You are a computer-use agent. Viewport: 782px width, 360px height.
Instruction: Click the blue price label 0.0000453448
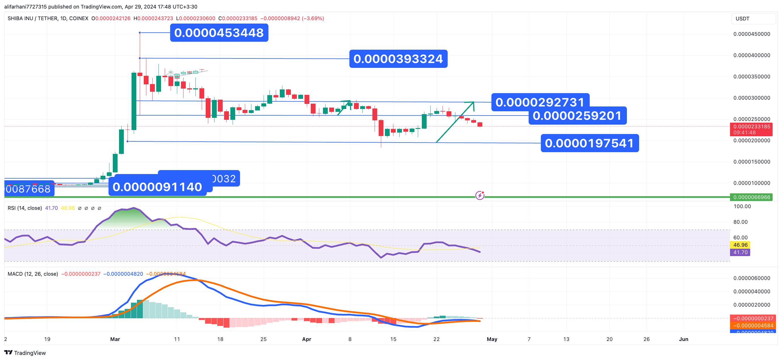tap(219, 33)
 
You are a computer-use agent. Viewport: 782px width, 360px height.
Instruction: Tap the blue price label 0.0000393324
tap(398, 59)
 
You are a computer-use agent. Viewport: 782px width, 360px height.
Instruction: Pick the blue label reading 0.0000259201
tap(577, 116)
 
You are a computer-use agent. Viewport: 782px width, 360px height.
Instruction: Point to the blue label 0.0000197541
tap(589, 143)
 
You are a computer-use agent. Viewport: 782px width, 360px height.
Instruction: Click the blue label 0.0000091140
tap(157, 187)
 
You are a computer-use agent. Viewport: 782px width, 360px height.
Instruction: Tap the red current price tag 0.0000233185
tap(751, 127)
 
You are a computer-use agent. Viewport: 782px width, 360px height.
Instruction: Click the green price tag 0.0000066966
tap(751, 197)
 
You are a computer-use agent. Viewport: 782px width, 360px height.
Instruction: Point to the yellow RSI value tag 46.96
tap(740, 245)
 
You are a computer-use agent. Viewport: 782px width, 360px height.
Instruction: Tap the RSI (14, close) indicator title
tap(25, 208)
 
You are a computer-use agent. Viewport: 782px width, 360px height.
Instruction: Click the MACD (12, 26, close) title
tap(33, 274)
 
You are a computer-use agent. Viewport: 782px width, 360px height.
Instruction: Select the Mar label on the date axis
tap(115, 339)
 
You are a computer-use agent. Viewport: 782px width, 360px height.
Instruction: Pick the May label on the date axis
tap(492, 339)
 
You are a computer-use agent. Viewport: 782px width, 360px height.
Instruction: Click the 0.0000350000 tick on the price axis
tap(752, 77)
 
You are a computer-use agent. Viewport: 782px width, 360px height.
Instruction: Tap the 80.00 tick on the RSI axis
tap(740, 222)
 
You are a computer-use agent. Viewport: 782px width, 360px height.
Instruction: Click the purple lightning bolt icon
tap(480, 196)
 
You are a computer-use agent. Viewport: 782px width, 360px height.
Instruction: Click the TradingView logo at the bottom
tap(25, 353)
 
